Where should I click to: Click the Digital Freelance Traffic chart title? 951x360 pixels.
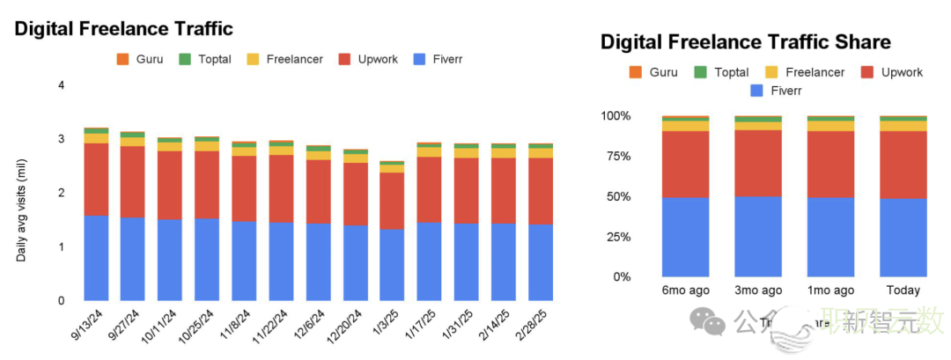tap(123, 29)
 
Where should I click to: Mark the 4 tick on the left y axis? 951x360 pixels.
tap(61, 85)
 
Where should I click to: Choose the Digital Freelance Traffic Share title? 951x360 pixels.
tap(745, 42)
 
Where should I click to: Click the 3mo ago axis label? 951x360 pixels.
tap(757, 290)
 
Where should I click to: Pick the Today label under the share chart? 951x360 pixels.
tap(903, 290)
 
